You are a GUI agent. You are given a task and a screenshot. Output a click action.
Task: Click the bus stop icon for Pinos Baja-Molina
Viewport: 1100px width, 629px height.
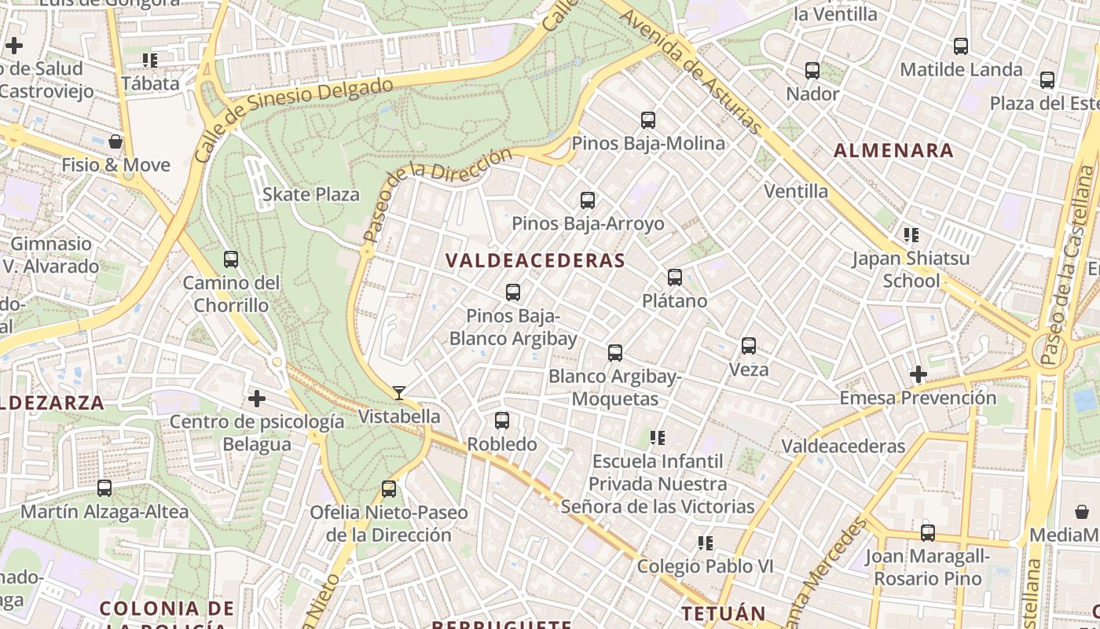tap(648, 120)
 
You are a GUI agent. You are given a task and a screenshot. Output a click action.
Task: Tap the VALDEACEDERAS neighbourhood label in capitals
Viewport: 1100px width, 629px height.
tap(535, 261)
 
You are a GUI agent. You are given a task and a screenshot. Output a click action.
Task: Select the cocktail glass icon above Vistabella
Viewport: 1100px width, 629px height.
tap(399, 393)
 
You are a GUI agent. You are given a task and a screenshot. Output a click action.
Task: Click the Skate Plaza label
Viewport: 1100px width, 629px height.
tap(311, 194)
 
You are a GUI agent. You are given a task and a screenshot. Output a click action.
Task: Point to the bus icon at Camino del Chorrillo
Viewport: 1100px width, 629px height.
tap(231, 259)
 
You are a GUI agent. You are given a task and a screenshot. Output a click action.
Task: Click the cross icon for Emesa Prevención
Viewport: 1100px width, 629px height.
tap(918, 374)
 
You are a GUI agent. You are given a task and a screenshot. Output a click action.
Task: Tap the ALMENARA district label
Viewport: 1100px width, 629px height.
tap(893, 150)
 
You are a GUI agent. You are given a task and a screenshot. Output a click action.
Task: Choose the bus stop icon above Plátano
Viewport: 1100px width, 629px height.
tap(675, 278)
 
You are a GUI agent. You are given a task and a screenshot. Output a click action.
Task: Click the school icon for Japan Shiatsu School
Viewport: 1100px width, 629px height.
tap(911, 234)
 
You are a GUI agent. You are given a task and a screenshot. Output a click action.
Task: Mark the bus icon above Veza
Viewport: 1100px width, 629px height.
tap(749, 346)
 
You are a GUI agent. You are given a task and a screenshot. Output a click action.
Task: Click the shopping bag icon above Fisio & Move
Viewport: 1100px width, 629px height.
tap(115, 142)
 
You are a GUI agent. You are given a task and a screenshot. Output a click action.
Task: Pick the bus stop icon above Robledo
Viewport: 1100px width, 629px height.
tap(502, 421)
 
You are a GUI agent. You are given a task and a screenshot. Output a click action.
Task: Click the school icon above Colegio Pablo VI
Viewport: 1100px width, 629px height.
tap(706, 543)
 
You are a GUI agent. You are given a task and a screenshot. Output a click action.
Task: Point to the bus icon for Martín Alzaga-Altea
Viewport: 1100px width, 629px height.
tap(104, 488)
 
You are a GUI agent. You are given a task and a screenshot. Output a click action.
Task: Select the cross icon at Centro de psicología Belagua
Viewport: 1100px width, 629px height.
tap(257, 399)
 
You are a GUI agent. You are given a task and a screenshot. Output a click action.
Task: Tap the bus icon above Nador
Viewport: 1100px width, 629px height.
tap(812, 71)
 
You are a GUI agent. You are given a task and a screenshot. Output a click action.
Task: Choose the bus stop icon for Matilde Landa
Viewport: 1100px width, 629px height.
tap(961, 46)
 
